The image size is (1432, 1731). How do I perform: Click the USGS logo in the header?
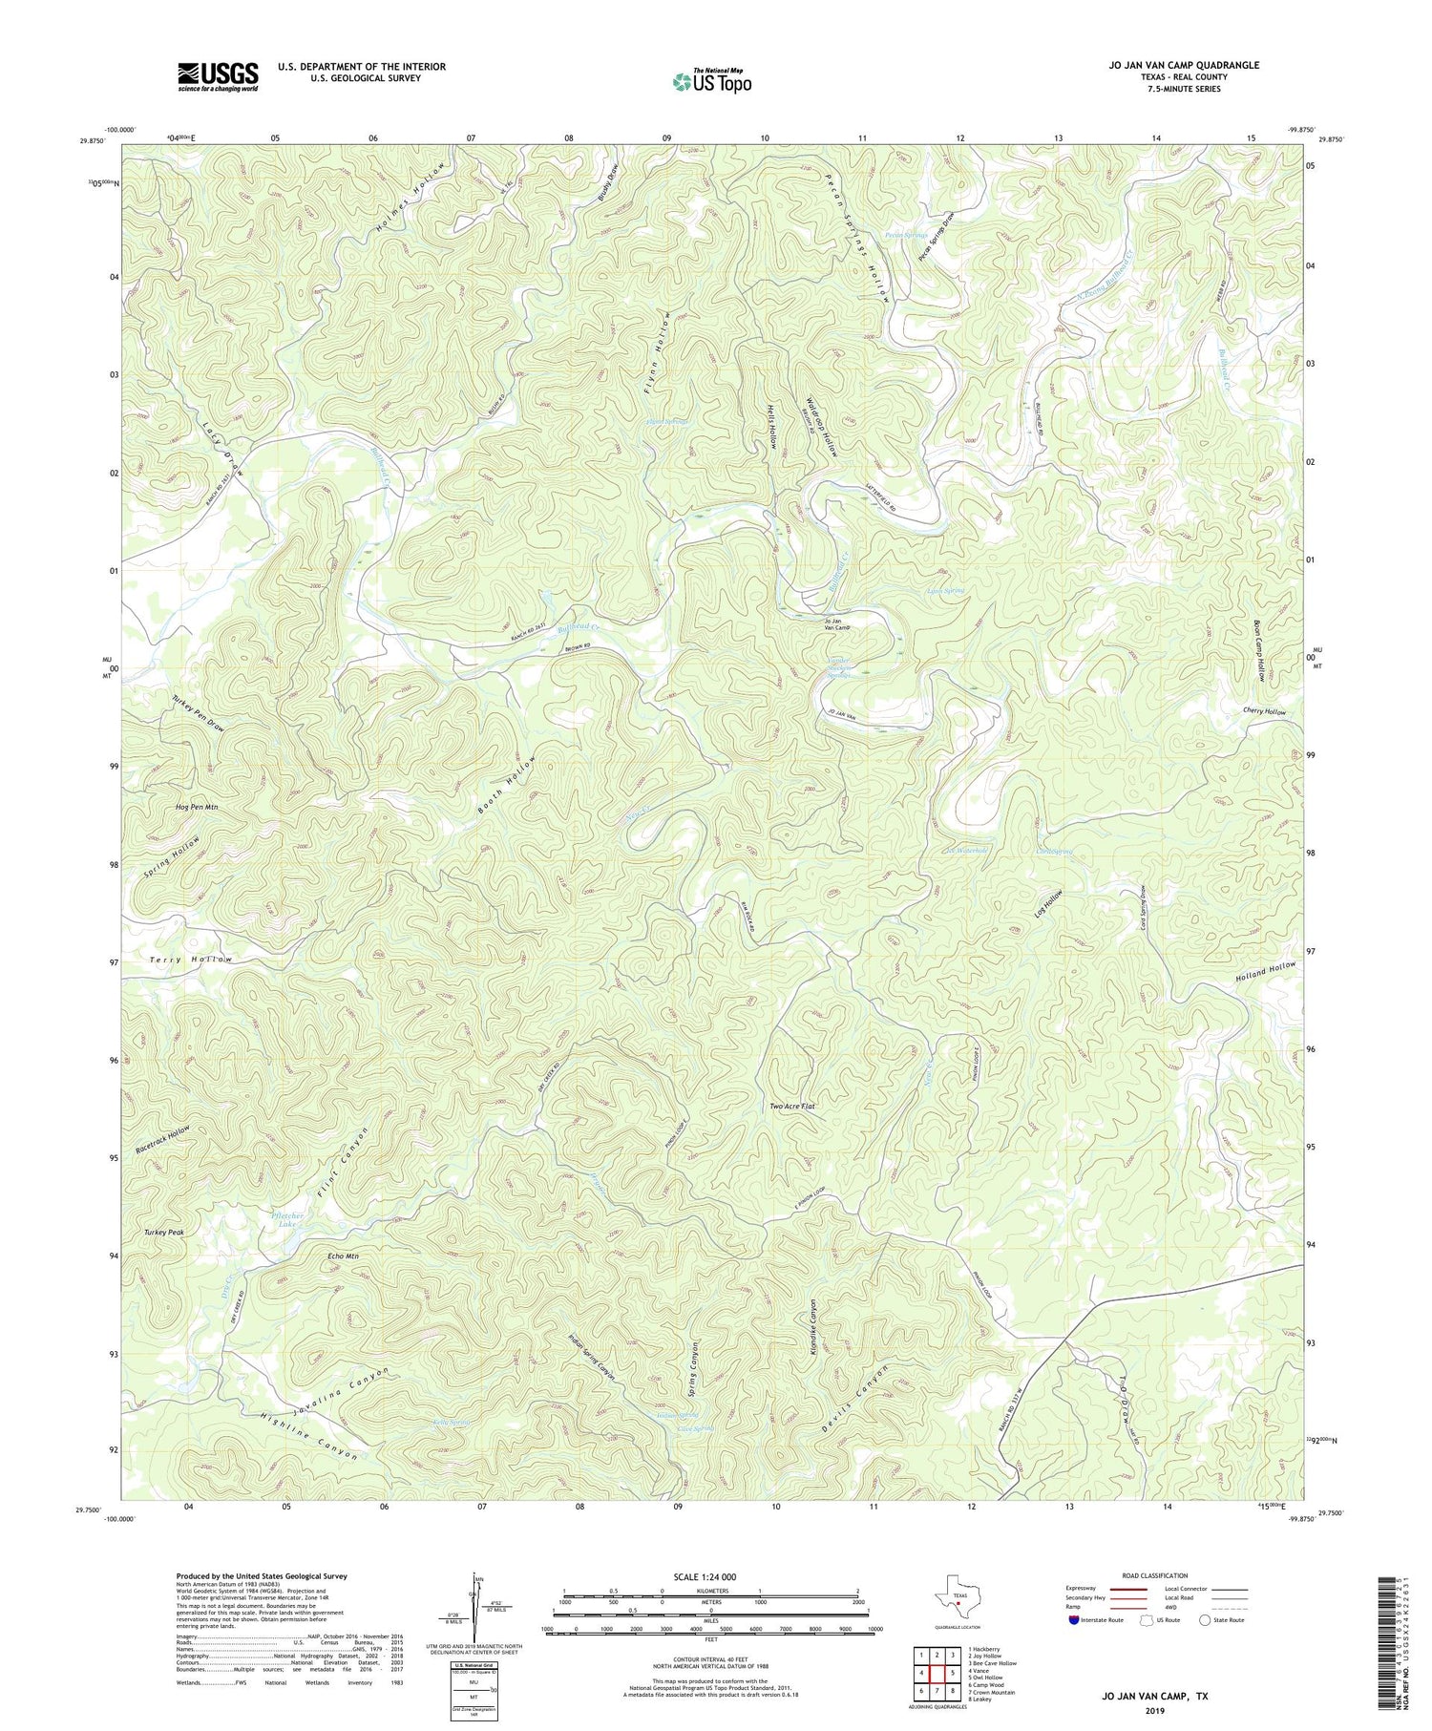point(217,75)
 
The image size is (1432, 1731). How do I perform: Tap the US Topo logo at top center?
point(710,81)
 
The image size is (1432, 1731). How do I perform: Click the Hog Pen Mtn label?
point(198,808)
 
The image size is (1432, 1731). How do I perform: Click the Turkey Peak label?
point(164,1233)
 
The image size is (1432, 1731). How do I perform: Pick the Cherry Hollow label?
point(1264,712)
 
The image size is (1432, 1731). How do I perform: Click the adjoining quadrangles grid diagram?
point(934,1673)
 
